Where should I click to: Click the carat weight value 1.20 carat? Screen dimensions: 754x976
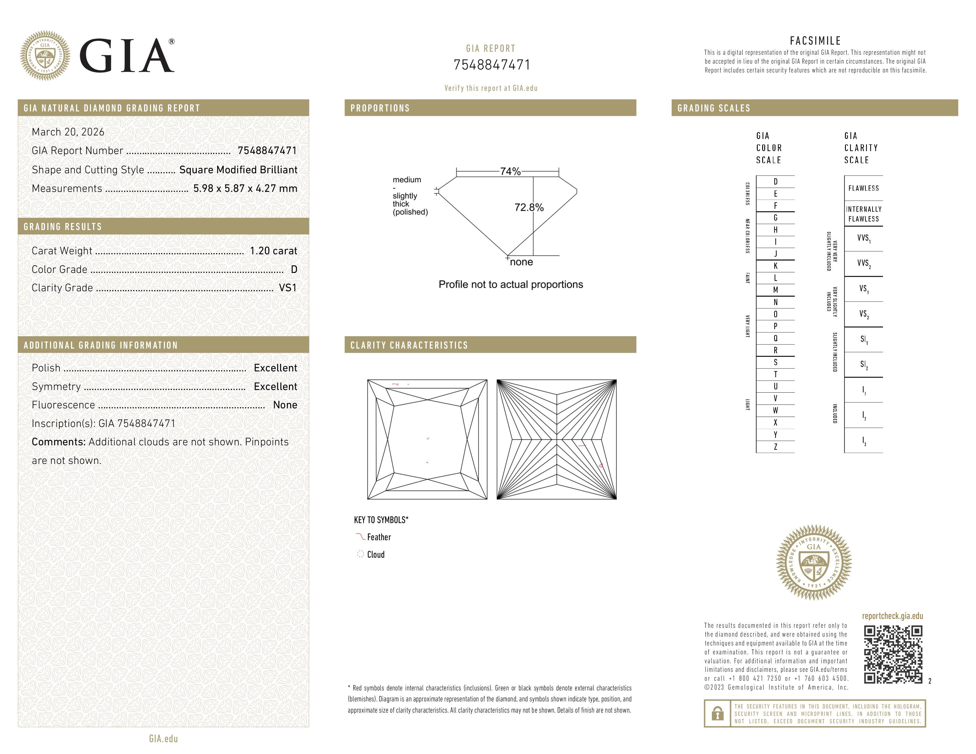pyautogui.click(x=273, y=251)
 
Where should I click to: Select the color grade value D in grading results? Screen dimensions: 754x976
pyautogui.click(x=294, y=269)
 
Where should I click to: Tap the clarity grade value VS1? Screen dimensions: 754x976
pyautogui.click(x=287, y=288)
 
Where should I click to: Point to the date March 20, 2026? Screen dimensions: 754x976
pyautogui.click(x=68, y=132)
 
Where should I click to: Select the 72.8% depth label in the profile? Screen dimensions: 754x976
pyautogui.click(x=529, y=207)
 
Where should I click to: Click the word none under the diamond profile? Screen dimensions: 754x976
pyautogui.click(x=521, y=262)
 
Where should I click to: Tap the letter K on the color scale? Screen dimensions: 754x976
pyautogui.click(x=775, y=266)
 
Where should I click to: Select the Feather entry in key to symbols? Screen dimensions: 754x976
pyautogui.click(x=379, y=537)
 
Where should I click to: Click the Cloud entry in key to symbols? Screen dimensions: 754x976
pyautogui.click(x=375, y=555)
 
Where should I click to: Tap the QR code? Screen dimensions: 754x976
pyautogui.click(x=892, y=654)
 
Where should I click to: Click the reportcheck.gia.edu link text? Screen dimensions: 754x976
pyautogui.click(x=892, y=616)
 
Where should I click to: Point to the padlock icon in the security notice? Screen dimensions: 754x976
pyautogui.click(x=717, y=713)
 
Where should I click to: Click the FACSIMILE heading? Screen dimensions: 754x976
pyautogui.click(x=815, y=41)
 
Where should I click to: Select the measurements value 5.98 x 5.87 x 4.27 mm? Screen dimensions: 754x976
pyautogui.click(x=245, y=189)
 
